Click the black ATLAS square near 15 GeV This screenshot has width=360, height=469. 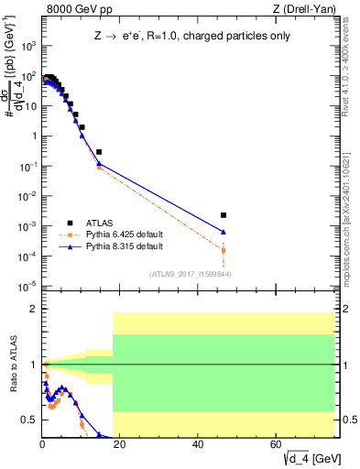click(99, 152)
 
